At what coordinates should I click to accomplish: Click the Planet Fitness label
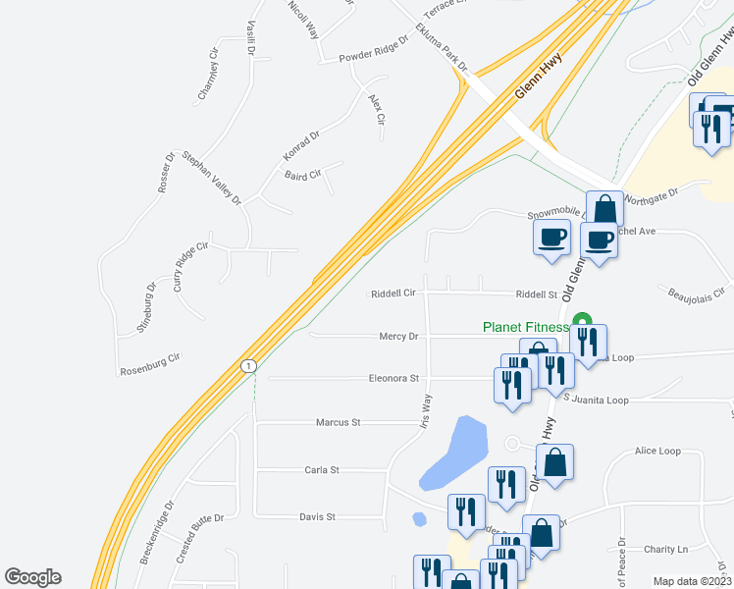click(525, 328)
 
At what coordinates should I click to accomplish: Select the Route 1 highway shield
click(249, 366)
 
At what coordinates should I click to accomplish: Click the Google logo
click(32, 577)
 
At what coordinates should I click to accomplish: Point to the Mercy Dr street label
click(398, 337)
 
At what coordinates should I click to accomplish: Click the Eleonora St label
click(393, 378)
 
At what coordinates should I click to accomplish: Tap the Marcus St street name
click(339, 422)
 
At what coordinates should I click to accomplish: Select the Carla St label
click(321, 470)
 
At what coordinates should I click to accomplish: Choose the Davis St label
click(317, 516)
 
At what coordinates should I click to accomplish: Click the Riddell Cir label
click(393, 294)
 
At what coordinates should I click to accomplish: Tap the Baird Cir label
click(302, 176)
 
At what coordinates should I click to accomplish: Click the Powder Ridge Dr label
click(373, 58)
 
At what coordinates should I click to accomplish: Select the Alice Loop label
click(657, 452)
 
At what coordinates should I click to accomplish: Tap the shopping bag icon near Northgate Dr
click(604, 209)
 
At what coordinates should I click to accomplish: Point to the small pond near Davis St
click(420, 518)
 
